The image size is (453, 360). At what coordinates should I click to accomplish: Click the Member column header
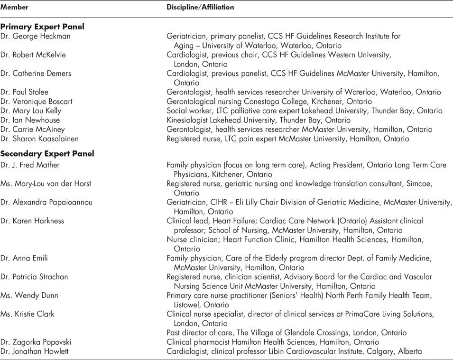[14, 8]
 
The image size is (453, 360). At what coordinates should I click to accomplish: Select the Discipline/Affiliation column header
[200, 8]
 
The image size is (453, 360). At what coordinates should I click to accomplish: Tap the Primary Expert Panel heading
[42, 27]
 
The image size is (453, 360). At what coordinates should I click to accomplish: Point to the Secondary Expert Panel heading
[47, 154]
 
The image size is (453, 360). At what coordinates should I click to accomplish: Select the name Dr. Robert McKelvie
[33, 55]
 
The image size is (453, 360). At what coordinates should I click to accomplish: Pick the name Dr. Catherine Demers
[36, 74]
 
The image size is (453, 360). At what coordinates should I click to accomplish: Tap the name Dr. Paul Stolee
[24, 92]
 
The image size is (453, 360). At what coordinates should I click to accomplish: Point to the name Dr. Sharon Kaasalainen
[39, 138]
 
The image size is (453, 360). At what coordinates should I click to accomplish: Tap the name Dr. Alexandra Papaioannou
[46, 203]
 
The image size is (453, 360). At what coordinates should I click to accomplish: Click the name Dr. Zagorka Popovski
[37, 342]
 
